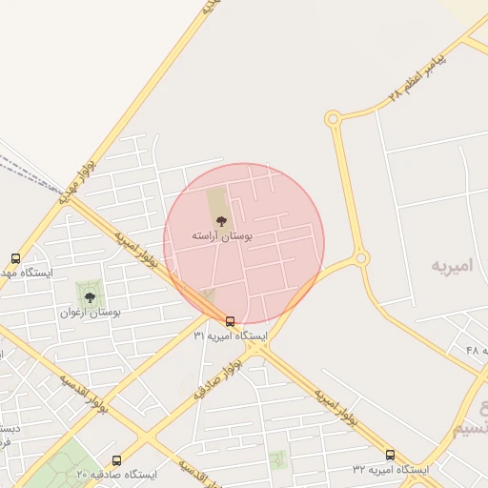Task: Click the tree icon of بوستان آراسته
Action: pyautogui.click(x=221, y=221)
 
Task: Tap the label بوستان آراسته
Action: pyautogui.click(x=221, y=235)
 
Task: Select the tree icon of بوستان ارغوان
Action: pyautogui.click(x=90, y=297)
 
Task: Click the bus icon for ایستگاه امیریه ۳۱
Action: pyautogui.click(x=230, y=321)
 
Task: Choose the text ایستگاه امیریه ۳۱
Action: pyautogui.click(x=231, y=336)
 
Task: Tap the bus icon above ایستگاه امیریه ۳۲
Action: pyautogui.click(x=390, y=455)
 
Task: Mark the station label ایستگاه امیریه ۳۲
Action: pyautogui.click(x=391, y=470)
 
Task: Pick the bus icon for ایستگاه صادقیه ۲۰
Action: pyautogui.click(x=116, y=460)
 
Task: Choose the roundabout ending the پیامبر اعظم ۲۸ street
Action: pyautogui.click(x=333, y=119)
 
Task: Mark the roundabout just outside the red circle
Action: pyautogui.click(x=360, y=258)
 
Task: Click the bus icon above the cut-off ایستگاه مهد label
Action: pyautogui.click(x=15, y=258)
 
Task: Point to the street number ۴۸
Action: pyautogui.click(x=474, y=351)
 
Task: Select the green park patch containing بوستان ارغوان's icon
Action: pyautogui.click(x=90, y=294)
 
